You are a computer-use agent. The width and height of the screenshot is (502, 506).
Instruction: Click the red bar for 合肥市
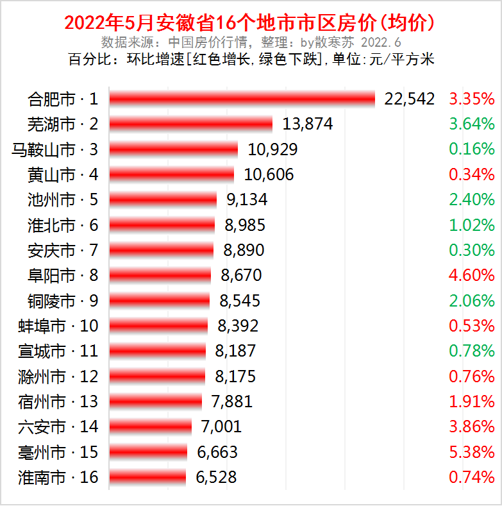[242, 99]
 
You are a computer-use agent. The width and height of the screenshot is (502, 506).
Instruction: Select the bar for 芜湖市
[190, 124]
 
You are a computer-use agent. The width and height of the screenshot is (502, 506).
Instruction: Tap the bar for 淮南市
[147, 477]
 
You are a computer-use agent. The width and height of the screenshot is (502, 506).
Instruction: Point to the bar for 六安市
[150, 426]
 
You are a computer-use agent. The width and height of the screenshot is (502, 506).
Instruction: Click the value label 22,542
[410, 99]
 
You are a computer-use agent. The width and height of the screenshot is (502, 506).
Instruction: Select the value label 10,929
[272, 149]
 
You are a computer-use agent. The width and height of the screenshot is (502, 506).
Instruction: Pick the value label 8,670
[241, 276]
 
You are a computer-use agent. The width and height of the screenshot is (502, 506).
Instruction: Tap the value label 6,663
[217, 452]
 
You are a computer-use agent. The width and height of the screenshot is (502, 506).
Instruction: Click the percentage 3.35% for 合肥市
[472, 99]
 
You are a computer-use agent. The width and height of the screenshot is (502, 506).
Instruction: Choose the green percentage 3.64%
[472, 124]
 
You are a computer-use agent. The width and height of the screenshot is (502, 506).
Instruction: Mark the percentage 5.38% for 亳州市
[472, 452]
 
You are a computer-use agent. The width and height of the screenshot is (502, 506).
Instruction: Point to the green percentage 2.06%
[472, 301]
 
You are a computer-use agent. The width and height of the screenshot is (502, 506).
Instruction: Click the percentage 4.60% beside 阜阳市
[472, 276]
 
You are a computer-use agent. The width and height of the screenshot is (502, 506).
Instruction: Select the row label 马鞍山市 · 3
[55, 149]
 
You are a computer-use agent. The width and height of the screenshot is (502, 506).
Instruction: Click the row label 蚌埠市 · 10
[58, 326]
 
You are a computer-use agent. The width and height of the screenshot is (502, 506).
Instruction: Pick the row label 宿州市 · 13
[58, 401]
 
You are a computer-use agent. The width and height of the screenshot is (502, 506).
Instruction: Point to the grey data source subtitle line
[251, 43]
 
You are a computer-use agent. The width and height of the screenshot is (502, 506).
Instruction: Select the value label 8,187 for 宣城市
[235, 351]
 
